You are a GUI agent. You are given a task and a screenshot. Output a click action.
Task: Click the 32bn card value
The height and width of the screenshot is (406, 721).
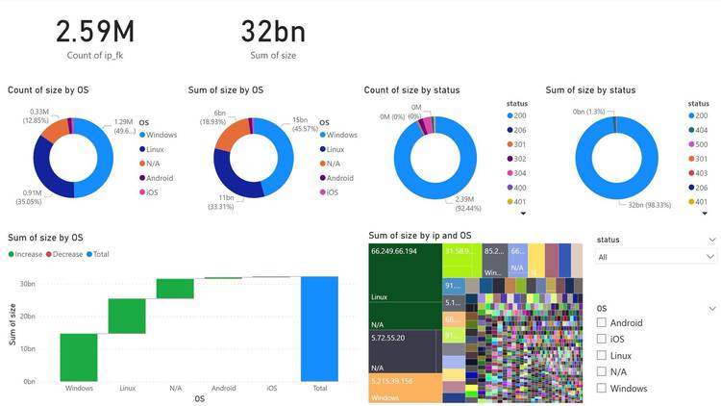pos(272,32)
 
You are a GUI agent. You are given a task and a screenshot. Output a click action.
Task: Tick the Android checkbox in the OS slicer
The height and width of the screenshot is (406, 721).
pos(602,323)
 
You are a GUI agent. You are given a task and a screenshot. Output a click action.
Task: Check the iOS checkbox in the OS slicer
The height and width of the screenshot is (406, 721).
pos(602,340)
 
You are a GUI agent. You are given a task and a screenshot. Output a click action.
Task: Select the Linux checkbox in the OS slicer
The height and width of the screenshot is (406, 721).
pos(602,356)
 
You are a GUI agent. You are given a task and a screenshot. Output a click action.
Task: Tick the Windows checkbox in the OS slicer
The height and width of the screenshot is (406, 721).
pos(602,389)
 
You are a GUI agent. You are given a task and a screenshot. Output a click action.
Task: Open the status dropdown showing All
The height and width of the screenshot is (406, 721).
pos(656,257)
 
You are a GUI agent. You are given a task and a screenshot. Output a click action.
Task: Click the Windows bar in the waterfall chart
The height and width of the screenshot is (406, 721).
pos(79,357)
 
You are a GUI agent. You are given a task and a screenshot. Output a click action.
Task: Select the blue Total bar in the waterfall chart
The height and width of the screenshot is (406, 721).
pos(319,328)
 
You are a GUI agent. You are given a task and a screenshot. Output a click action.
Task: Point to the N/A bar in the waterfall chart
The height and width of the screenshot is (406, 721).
pos(175,289)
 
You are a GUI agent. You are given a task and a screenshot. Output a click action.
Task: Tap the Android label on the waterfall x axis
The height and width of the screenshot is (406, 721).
pos(223,388)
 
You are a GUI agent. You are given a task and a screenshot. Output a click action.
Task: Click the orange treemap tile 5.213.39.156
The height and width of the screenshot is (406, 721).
pos(404,388)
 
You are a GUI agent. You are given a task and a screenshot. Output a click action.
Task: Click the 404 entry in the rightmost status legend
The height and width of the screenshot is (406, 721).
pos(698,130)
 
